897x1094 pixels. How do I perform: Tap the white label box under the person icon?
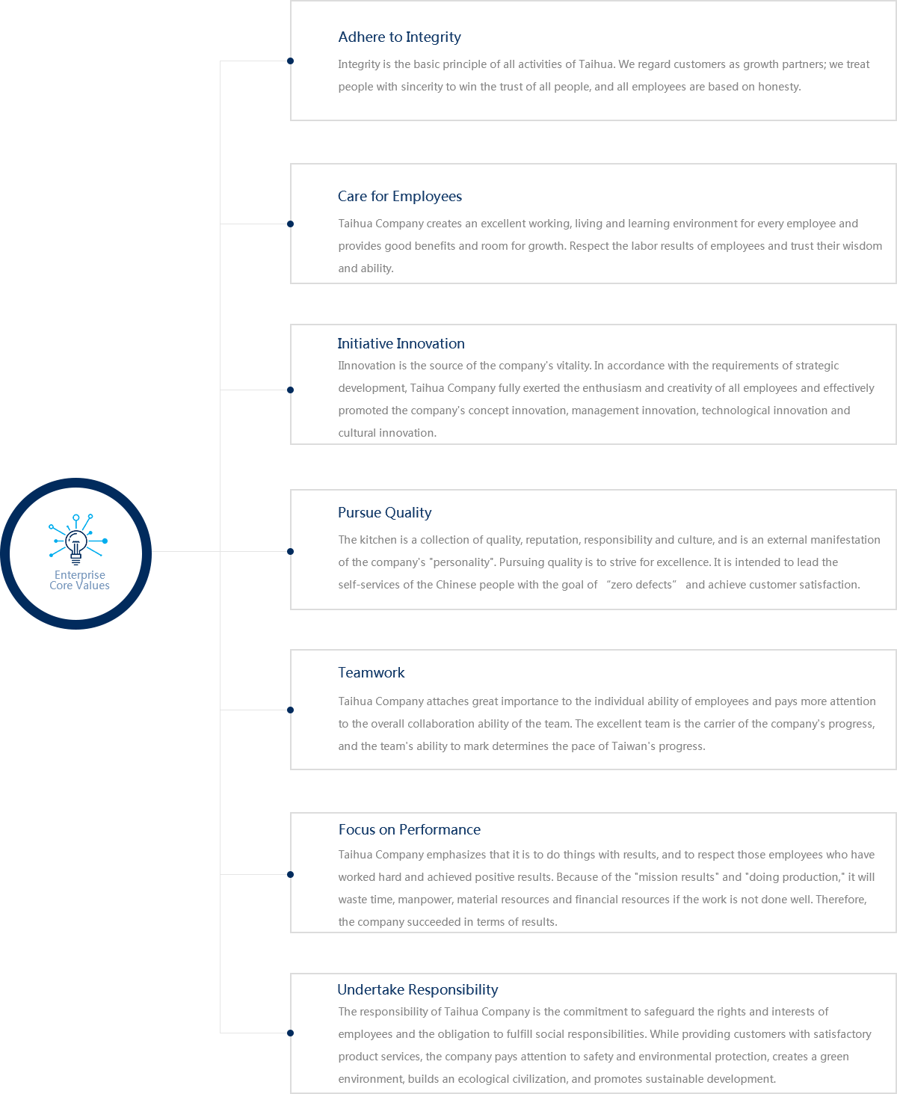(x=77, y=582)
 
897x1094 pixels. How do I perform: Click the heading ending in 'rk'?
(x=372, y=673)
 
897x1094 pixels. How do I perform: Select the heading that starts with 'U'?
(x=417, y=990)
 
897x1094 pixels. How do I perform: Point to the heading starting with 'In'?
(x=401, y=344)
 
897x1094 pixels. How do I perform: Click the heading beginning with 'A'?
(x=399, y=37)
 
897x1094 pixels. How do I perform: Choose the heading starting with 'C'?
(x=400, y=197)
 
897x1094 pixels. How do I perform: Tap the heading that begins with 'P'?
(x=385, y=513)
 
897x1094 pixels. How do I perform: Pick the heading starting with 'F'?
(x=409, y=830)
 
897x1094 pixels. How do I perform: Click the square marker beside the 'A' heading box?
(x=290, y=61)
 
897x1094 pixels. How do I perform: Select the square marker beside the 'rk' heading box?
(x=290, y=710)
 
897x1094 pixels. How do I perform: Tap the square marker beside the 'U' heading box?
(x=290, y=1033)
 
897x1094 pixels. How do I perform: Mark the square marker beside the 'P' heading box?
(x=290, y=551)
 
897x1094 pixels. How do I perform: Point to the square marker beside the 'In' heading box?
(x=290, y=390)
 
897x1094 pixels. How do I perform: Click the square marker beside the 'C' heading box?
(x=290, y=224)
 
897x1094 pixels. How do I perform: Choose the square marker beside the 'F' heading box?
(x=290, y=874)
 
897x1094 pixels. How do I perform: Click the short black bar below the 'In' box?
(x=449, y=469)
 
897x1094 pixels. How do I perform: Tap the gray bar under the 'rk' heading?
(x=610, y=725)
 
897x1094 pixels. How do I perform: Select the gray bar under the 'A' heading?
(x=604, y=76)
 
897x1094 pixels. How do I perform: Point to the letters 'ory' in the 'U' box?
(x=866, y=1035)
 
